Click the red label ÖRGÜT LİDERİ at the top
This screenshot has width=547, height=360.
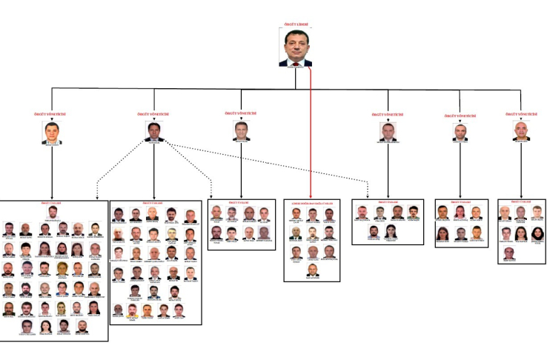296,24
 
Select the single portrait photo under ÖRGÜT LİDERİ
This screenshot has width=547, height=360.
296,47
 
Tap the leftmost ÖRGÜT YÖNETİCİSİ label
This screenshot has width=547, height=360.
51,115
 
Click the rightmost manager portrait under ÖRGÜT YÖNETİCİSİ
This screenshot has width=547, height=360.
523,132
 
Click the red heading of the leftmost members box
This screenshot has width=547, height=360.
51,202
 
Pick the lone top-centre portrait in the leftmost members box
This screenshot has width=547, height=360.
51,213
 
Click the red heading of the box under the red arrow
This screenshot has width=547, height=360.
312,203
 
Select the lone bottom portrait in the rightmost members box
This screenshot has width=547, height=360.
508,253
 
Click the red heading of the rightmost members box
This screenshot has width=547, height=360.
523,201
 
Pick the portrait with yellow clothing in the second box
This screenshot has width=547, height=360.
133,311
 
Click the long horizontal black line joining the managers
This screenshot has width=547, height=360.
222,88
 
